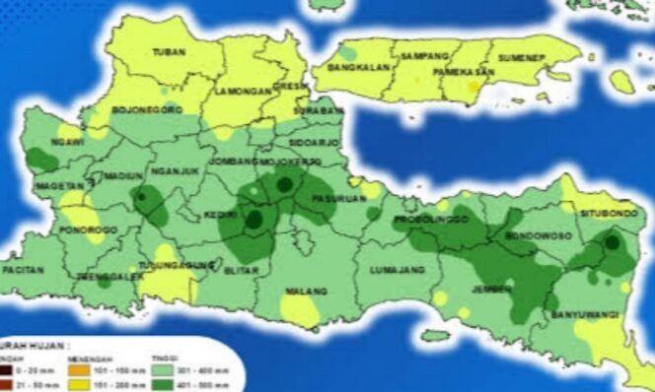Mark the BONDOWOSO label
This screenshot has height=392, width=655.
(532, 237)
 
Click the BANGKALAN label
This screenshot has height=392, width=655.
(357, 70)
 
